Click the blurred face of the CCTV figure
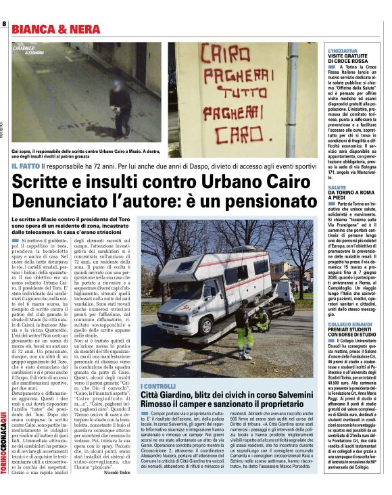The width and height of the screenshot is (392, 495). click(117, 87)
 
